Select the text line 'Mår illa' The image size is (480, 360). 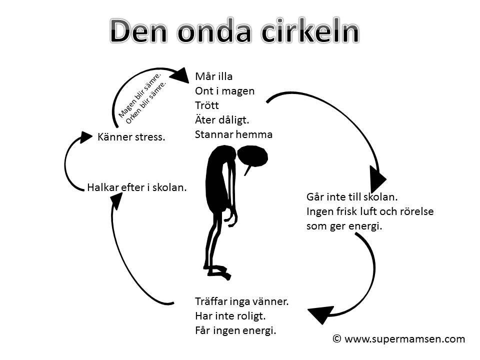click(214, 77)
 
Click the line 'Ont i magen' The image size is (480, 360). click(225, 91)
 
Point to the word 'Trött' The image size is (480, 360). click(207, 105)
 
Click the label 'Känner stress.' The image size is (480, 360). click(131, 136)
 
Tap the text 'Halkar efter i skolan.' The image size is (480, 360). click(137, 188)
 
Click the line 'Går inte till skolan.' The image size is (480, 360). click(352, 197)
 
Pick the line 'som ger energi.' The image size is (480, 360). click(344, 226)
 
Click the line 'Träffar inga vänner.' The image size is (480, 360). click(242, 301)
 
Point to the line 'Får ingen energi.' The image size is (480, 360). click(235, 330)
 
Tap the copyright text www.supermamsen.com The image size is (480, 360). click(399, 339)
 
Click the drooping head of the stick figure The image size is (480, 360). click(253, 156)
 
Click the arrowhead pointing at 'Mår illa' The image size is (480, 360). click(179, 75)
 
